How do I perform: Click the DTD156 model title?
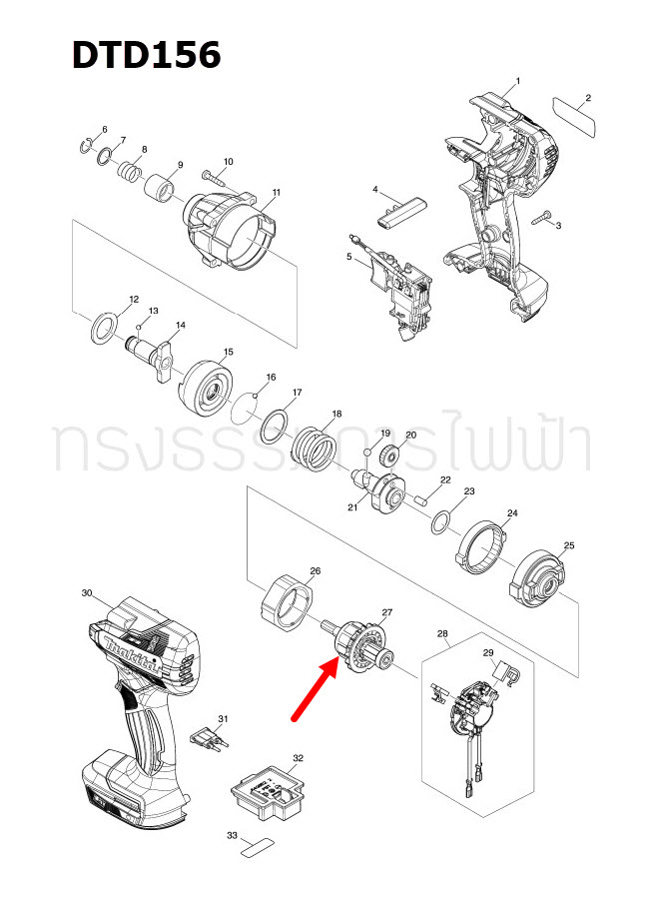(x=146, y=55)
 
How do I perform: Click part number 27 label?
(x=387, y=612)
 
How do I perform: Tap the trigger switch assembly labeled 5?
(x=400, y=291)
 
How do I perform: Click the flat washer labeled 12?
(x=103, y=328)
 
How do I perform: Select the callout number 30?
(x=86, y=593)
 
